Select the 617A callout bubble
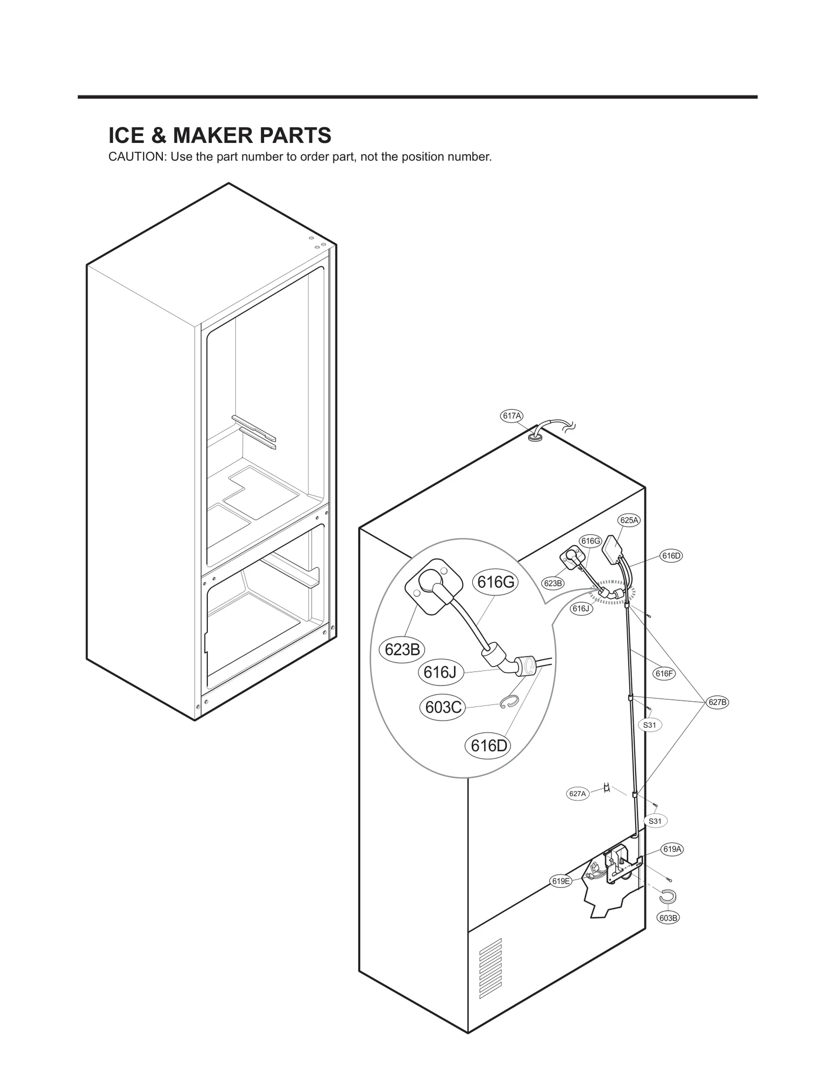(x=511, y=416)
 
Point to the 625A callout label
(x=629, y=520)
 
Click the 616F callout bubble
(x=664, y=674)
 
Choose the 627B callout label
(x=718, y=702)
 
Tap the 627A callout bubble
(x=577, y=808)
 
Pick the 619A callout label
(x=673, y=849)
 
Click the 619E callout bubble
(x=561, y=881)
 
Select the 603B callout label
(x=669, y=918)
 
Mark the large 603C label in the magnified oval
(x=443, y=707)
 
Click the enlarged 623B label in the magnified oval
(x=402, y=650)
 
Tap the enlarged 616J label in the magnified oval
(x=440, y=673)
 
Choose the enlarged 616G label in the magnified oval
(x=496, y=582)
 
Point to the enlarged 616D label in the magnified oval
(x=488, y=746)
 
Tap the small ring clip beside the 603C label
(x=509, y=702)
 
